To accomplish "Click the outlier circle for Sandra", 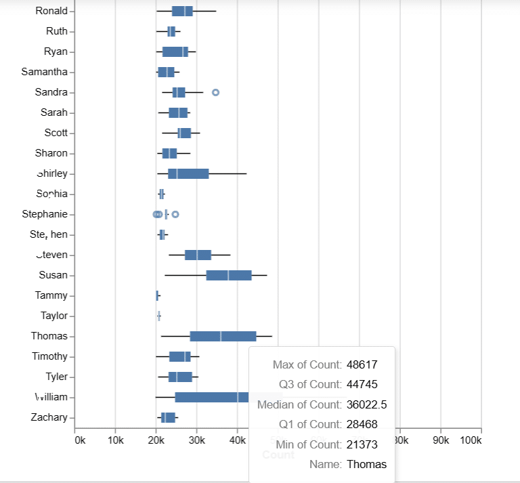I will [x=216, y=92].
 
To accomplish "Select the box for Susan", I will [x=229, y=275].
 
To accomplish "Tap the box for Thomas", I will [x=223, y=336].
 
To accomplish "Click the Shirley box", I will [x=188, y=173].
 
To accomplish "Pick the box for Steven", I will [x=198, y=255].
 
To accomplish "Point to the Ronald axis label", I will [x=51, y=11].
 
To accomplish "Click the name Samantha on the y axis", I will [x=45, y=72].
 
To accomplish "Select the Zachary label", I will [x=49, y=417].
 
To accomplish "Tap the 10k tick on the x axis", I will [x=114, y=440].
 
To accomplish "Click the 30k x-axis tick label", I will [x=196, y=440].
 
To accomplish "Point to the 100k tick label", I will [x=470, y=440].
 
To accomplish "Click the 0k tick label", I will [x=79, y=440].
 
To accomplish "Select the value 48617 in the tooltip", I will [x=362, y=364].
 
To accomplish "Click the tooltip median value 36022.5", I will [x=366, y=404].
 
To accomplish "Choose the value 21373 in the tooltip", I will [x=362, y=444].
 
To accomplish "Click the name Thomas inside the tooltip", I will [x=366, y=464].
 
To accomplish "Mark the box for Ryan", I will [x=175, y=51].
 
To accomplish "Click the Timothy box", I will [x=179, y=356].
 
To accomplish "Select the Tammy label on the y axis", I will [x=51, y=295].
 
